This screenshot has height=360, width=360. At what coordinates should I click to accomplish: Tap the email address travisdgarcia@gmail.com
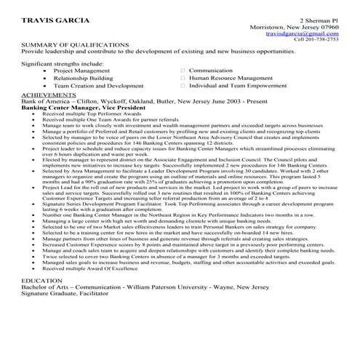click(x=302, y=33)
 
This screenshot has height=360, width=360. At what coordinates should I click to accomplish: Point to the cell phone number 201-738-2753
click(x=321, y=40)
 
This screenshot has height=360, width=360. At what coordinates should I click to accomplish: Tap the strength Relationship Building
click(x=78, y=78)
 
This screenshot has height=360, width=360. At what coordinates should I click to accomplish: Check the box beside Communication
click(x=183, y=71)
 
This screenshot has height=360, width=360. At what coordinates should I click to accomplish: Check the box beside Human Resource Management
click(x=183, y=78)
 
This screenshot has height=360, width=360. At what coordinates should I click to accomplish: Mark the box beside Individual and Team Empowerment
click(x=183, y=86)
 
